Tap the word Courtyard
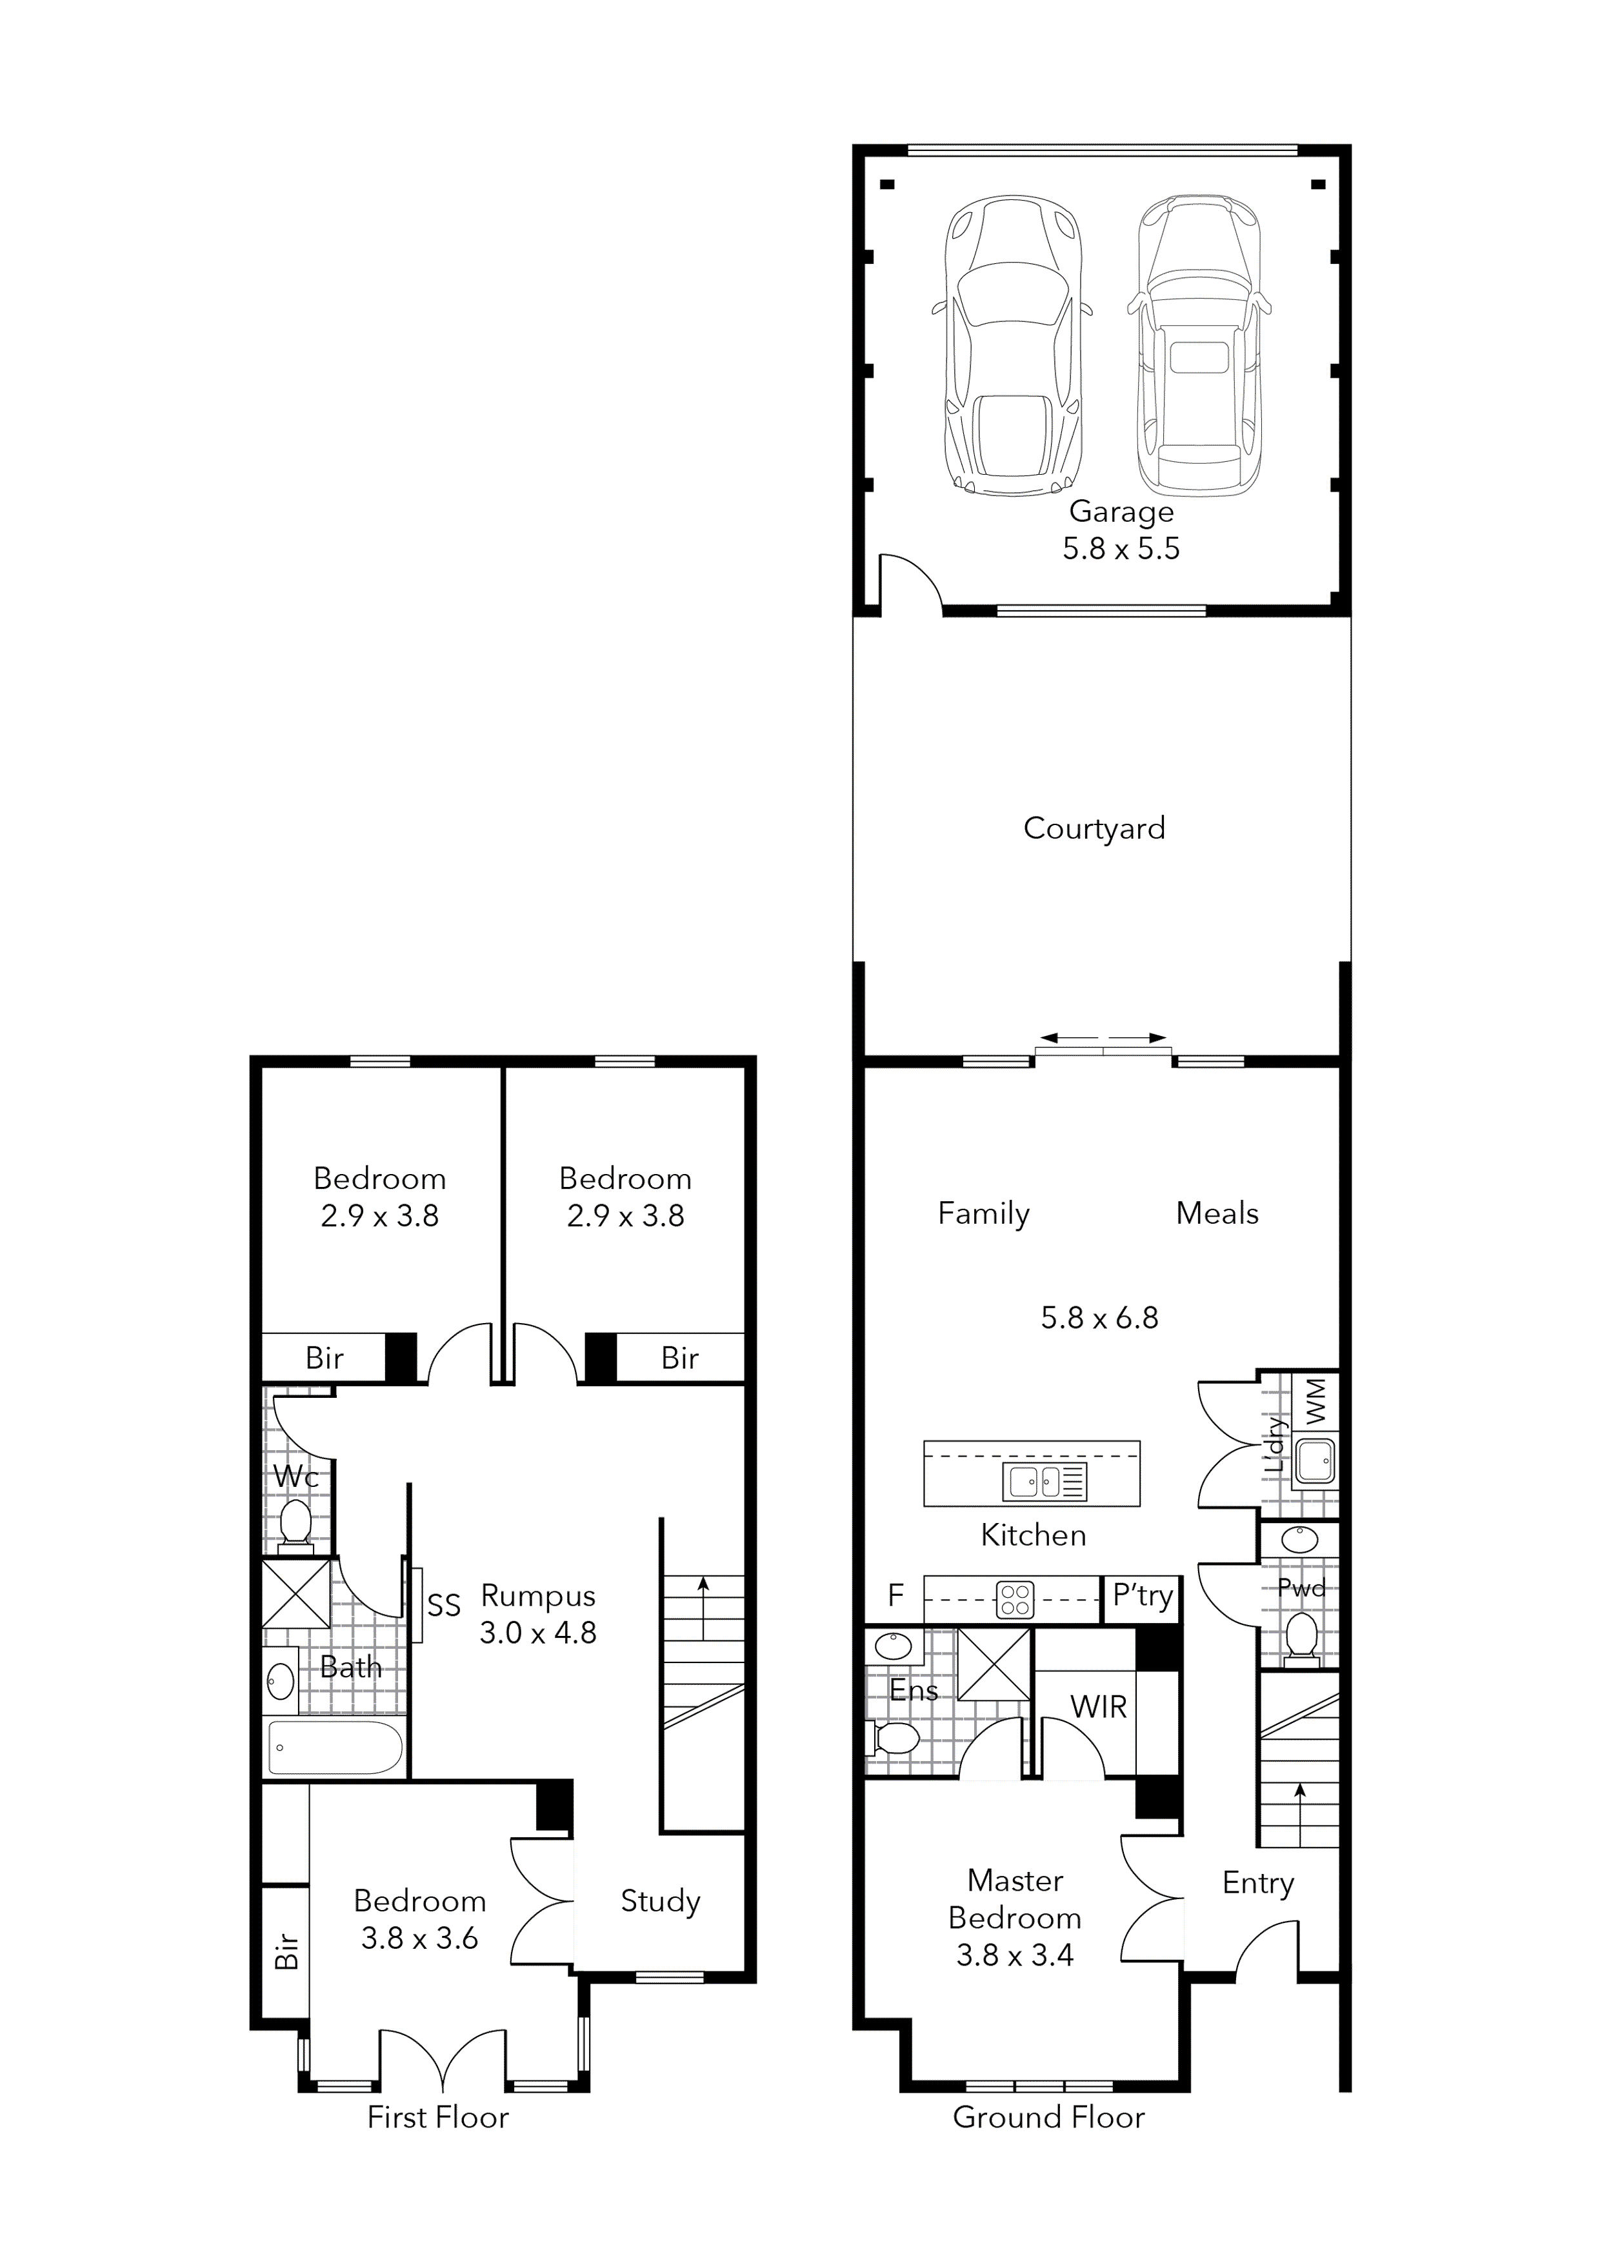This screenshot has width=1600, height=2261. click(1094, 828)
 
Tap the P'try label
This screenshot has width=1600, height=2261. click(1142, 1595)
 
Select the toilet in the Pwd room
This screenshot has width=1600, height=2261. click(1301, 1638)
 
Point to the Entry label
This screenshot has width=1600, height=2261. click(1257, 1883)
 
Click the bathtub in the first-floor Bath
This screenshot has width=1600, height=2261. click(335, 1747)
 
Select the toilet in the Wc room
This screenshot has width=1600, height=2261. click(295, 1523)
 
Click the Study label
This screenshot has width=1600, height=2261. click(660, 1902)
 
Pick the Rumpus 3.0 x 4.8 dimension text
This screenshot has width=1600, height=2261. click(538, 1633)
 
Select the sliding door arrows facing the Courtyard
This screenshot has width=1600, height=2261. click(1103, 1037)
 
